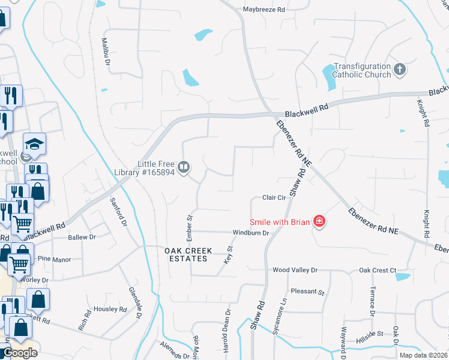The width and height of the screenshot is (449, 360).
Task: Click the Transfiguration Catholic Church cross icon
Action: click(400, 70)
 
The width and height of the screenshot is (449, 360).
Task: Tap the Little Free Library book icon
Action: click(185, 166)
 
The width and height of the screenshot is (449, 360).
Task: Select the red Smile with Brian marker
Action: click(320, 222)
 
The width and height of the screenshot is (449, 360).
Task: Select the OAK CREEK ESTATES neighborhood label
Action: click(186, 254)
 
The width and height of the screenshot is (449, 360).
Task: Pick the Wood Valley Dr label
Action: click(294, 271)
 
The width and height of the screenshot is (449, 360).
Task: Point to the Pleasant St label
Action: click(307, 293)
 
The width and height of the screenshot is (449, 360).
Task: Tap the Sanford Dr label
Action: click(118, 212)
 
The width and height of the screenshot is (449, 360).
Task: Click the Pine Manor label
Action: click(54, 260)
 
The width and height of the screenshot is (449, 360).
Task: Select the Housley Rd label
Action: click(110, 310)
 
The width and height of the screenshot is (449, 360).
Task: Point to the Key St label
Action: click(228, 255)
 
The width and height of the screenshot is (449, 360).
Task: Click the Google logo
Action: click(20, 353)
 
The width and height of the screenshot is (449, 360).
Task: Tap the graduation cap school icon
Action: click(35, 143)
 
